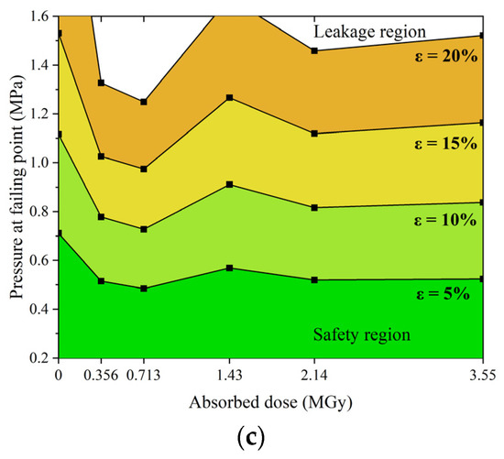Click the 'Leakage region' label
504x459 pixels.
tap(369, 31)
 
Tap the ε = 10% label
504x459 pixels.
tap(447, 221)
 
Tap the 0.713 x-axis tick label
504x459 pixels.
tap(143, 374)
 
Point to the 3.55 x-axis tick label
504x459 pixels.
tap(483, 374)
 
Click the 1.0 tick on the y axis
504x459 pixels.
tap(38, 162)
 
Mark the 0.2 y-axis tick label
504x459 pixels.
tap(38, 357)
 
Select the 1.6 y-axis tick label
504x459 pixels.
tap(38, 16)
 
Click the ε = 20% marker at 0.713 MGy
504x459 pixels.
tap(144, 102)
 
